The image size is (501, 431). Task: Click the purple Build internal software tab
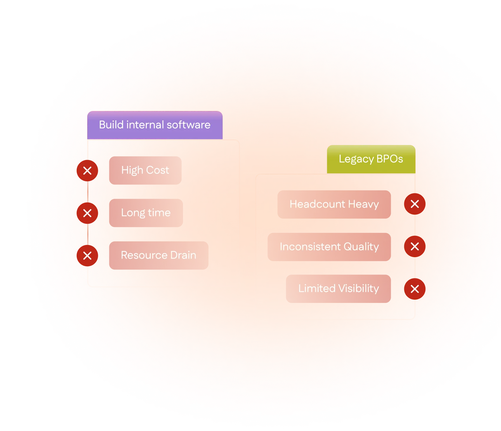pos(155,125)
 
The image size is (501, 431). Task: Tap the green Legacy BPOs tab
pos(371,159)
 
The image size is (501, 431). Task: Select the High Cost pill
pos(145,170)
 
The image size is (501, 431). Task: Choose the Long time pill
pos(146,213)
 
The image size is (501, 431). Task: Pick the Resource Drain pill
pos(158,255)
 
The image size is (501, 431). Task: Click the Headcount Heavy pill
pos(334,204)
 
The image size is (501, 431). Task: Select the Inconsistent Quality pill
pos(329,247)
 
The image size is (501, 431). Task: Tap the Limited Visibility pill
pos(338,289)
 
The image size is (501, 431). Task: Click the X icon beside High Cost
pos(87,171)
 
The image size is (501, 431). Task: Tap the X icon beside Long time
pos(87,213)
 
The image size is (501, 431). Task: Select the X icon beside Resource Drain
pos(87,256)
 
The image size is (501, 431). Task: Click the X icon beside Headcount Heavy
pos(415,204)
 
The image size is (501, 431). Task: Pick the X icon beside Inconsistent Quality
pos(415,246)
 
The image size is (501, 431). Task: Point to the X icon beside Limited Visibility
pos(415,289)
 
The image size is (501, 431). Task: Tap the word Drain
pos(183,255)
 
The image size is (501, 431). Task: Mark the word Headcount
pos(317,204)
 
